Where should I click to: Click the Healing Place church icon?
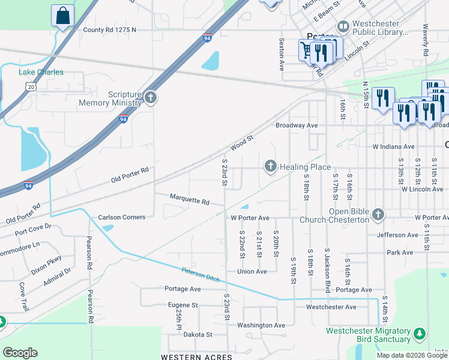coord(271,166)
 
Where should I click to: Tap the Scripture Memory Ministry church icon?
coord(150,97)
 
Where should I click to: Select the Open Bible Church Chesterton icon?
coord(378,214)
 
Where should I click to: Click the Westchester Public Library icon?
coord(343,26)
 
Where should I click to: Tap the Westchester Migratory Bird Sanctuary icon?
coord(420,333)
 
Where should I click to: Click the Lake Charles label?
coord(41,73)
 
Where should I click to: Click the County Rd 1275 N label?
coord(110,29)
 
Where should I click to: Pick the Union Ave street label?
coord(252,271)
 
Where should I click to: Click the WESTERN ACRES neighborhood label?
coord(196,356)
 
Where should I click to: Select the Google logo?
coord(20,353)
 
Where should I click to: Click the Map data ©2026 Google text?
coord(412,355)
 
